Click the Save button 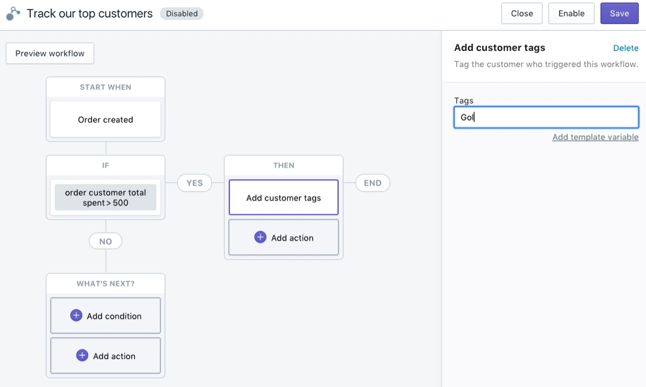pos(619,13)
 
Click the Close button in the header pos(522,13)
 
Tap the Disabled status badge pos(182,14)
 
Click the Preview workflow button pos(50,53)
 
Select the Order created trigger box pos(106,119)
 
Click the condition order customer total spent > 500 pos(106,197)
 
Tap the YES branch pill pos(195,182)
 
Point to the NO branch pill pos(106,241)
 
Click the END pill pos(373,182)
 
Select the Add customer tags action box pos(284,197)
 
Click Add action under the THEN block pos(284,237)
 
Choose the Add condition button pos(106,315)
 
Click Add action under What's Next pos(106,356)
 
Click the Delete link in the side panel pos(625,48)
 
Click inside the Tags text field pos(546,117)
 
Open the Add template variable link pos(595,137)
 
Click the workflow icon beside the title pos(13,14)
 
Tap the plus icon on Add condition pos(76,315)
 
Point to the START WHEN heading pos(106,87)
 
